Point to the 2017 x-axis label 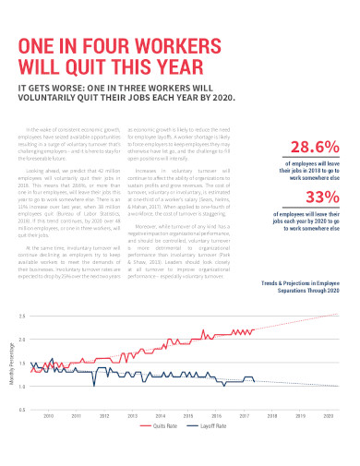[246, 416]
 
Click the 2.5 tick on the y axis [22, 316]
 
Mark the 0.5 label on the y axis [22, 410]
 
